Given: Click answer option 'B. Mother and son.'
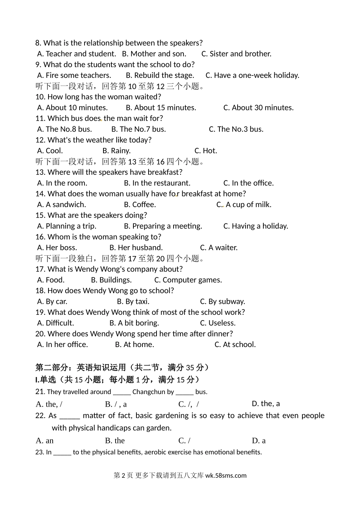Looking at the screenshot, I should (154, 54).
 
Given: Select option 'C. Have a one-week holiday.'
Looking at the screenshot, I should (252, 75).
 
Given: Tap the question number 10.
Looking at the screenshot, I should (40, 97).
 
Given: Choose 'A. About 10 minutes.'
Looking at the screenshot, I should (72, 108).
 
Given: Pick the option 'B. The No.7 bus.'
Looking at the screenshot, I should (138, 129).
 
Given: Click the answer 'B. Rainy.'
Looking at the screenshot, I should (116, 151).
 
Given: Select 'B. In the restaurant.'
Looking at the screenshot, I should (157, 183).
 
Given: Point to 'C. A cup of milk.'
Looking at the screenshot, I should (244, 205).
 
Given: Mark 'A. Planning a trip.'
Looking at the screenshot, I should (67, 226).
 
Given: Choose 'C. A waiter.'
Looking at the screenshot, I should (219, 248).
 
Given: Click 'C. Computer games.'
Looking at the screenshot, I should (188, 280).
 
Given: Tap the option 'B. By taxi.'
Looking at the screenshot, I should (133, 302).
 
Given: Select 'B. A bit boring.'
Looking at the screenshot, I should (134, 324).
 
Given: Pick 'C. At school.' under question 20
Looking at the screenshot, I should (235, 345).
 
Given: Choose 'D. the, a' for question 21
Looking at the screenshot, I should (266, 404).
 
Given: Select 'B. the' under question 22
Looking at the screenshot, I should (115, 441).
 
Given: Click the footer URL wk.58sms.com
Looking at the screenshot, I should (226, 476).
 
